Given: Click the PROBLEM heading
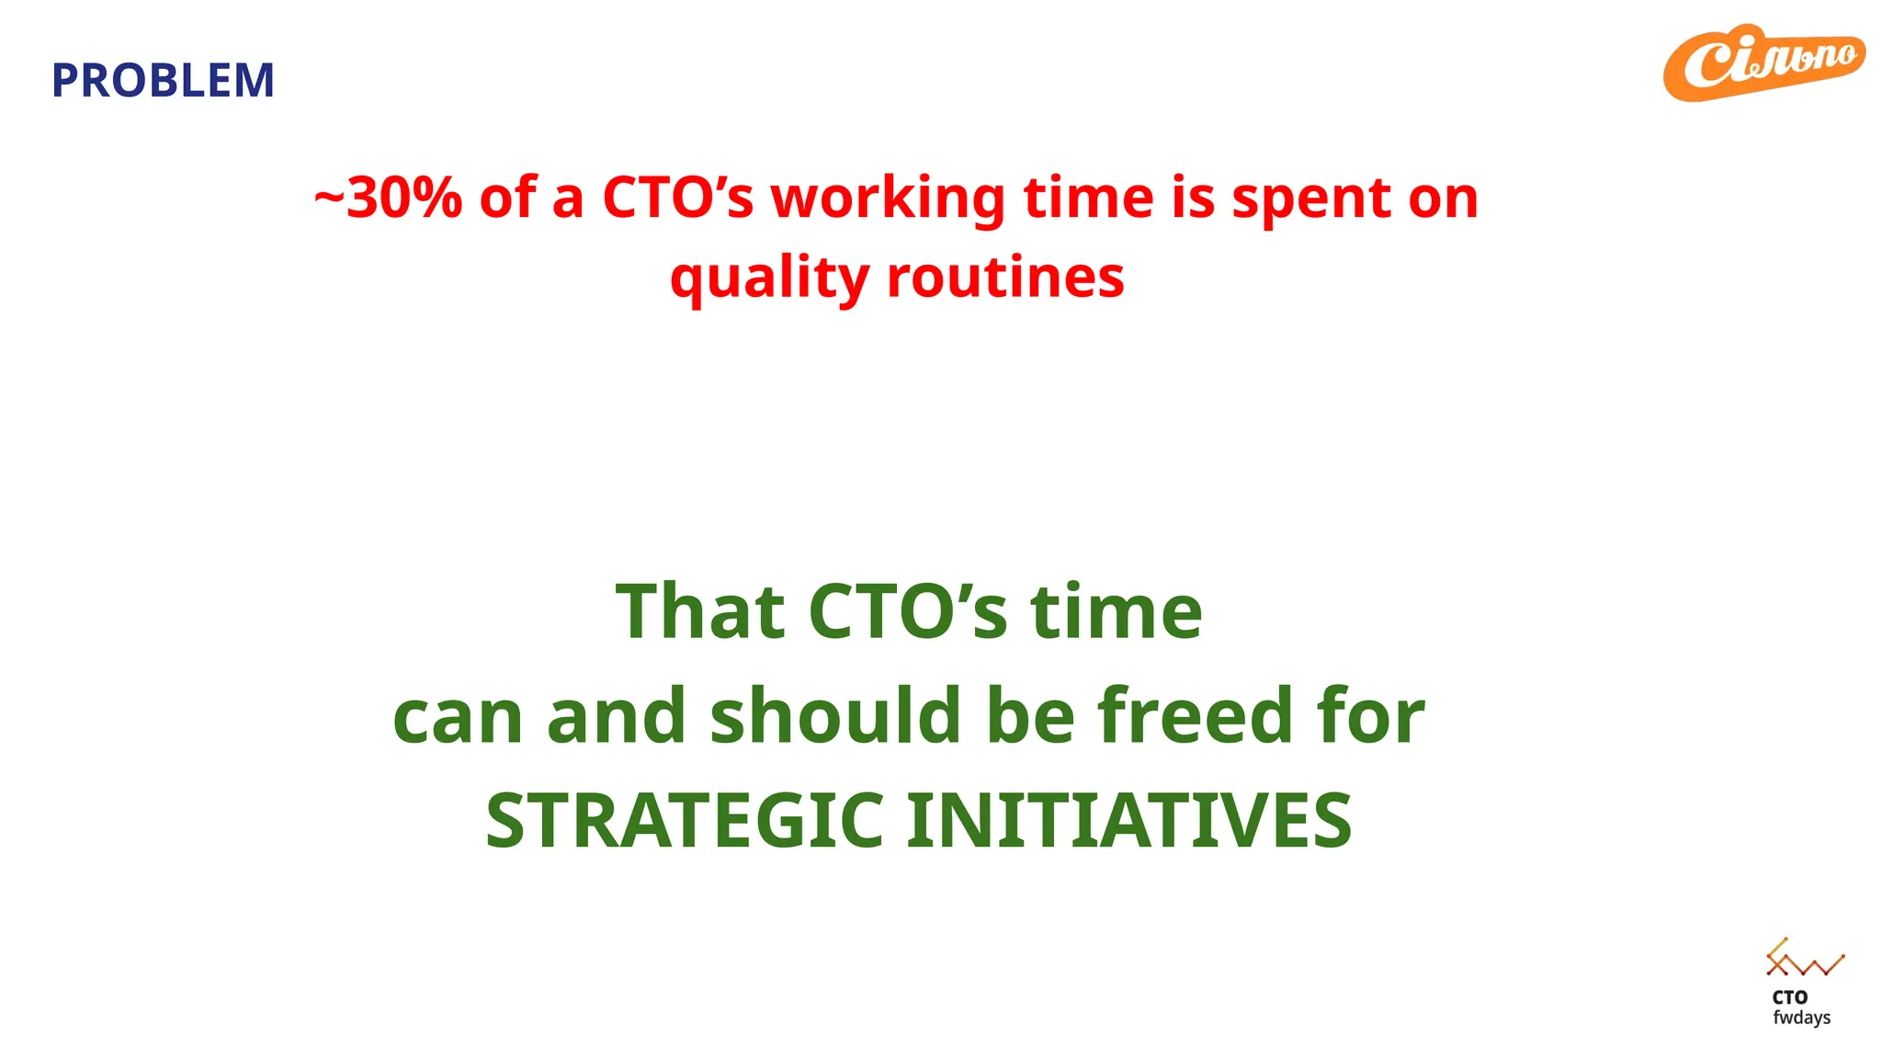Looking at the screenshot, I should pos(163,81).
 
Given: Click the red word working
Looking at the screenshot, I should pos(888,199).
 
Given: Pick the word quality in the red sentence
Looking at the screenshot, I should pos(769,278).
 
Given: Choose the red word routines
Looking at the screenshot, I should pos(1005,277).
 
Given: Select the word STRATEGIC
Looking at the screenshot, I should pos(685,820).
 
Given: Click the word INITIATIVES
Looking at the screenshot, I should pos(1128,820).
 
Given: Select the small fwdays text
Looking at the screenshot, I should pos(1801,1018).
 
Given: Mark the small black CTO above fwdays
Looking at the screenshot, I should pos(1789,997).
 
